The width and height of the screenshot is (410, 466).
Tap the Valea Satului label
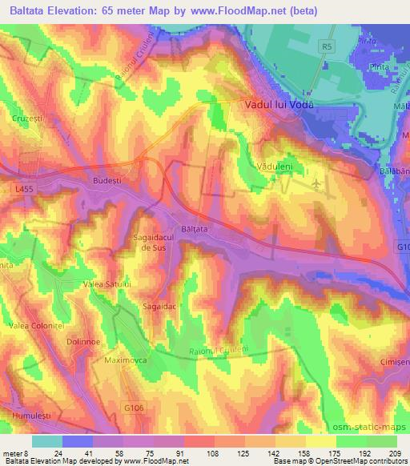click(101, 283)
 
